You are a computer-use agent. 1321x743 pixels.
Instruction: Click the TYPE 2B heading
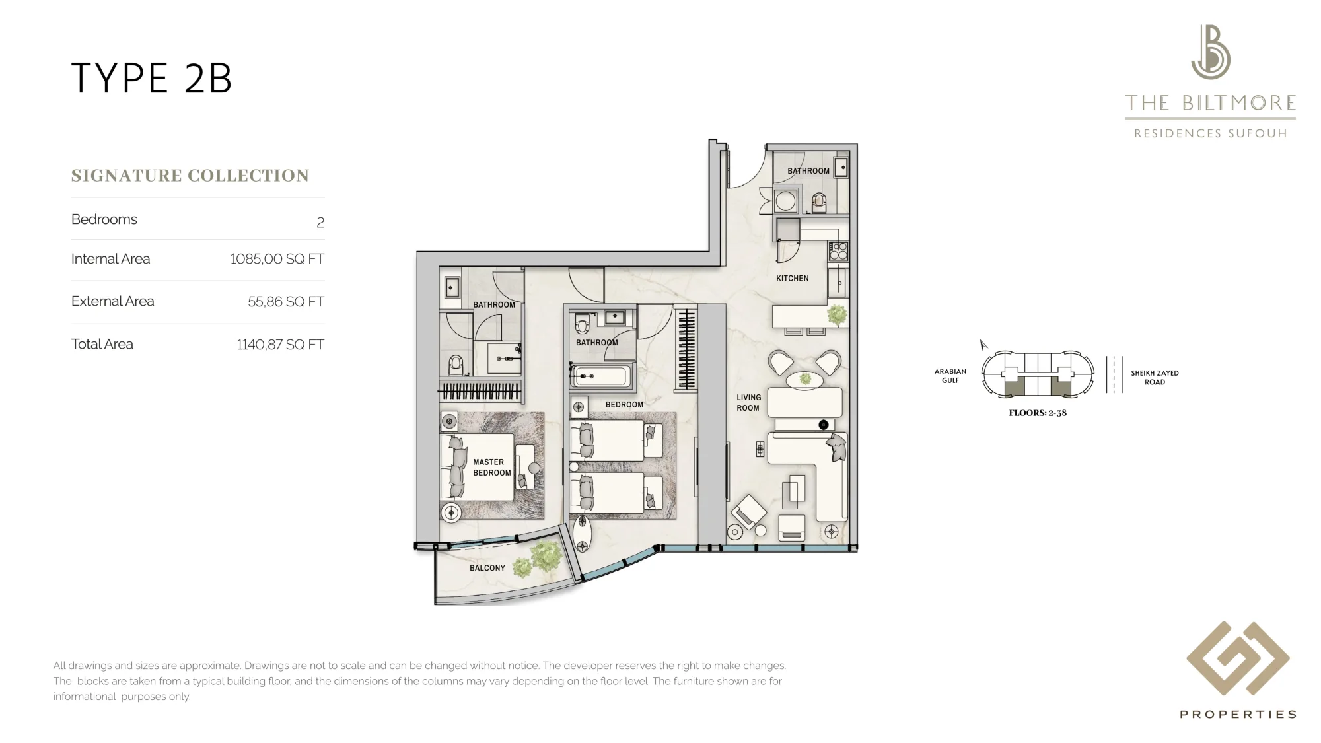click(151, 79)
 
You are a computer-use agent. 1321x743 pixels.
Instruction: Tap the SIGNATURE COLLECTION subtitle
click(190, 176)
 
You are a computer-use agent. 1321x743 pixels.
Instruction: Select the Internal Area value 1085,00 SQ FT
click(277, 259)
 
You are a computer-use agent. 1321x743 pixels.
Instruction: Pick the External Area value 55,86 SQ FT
click(286, 302)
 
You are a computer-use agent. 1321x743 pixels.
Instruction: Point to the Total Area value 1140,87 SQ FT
click(281, 345)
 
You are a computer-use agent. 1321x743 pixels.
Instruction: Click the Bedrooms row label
click(104, 219)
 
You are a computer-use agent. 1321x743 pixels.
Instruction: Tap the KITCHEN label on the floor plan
click(793, 279)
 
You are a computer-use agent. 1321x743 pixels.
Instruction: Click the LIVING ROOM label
click(748, 403)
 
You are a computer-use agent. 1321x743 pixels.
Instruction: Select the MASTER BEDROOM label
click(492, 468)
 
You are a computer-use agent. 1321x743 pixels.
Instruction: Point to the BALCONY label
click(487, 568)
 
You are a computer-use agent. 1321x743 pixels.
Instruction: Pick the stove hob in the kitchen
click(838, 252)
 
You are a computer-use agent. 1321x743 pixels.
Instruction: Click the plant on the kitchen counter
click(837, 315)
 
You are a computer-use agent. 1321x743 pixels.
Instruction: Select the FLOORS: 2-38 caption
click(1038, 413)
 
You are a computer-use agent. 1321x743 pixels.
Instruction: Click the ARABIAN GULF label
click(950, 376)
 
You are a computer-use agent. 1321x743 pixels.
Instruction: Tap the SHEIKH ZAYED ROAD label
click(1155, 378)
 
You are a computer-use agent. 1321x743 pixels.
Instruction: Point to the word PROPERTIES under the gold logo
click(1238, 714)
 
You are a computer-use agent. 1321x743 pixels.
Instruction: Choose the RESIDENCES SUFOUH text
click(1211, 133)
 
